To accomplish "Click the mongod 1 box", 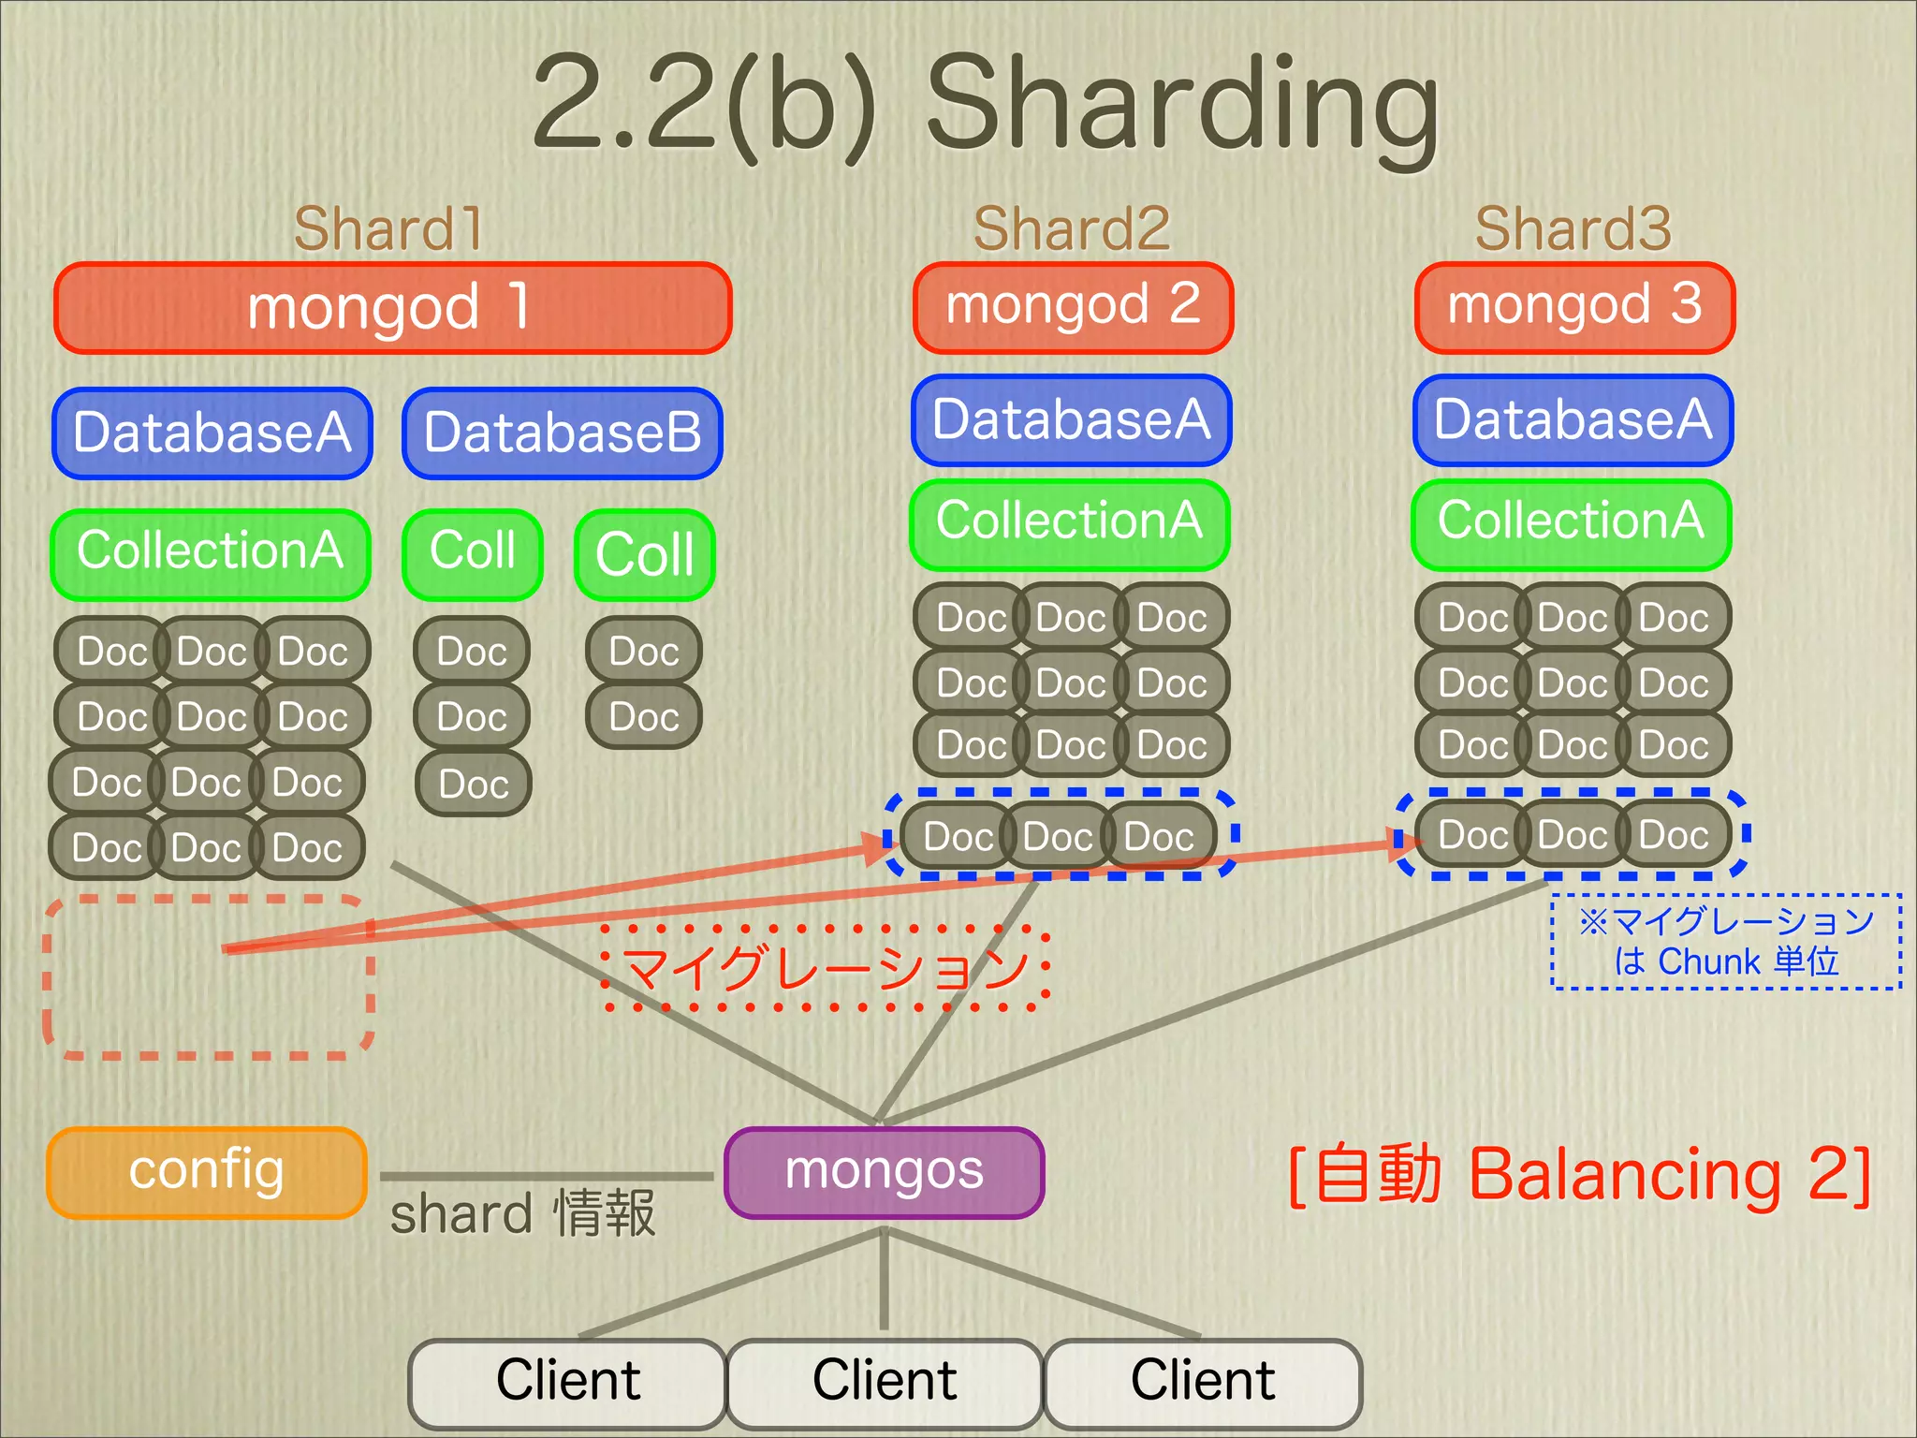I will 392,308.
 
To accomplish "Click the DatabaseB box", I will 563,433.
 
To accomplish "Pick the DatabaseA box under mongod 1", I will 212,433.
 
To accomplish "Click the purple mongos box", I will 884,1172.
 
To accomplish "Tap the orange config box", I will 206,1172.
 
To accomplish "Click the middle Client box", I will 885,1382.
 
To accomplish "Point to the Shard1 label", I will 388,228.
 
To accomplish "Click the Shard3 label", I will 1573,228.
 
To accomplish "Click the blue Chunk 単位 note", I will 1726,942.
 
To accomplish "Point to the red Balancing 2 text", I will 1579,1174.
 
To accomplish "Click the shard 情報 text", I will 522,1214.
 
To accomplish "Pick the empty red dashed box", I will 209,978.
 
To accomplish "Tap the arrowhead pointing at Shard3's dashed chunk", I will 1404,844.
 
